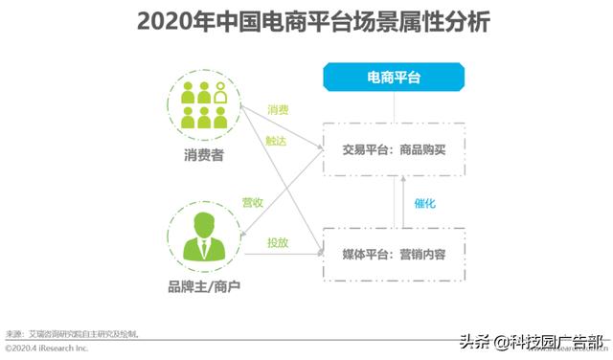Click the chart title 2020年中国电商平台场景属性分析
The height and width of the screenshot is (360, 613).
(x=306, y=20)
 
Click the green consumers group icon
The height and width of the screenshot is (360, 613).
(x=204, y=104)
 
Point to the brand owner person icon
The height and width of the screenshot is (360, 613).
(x=203, y=233)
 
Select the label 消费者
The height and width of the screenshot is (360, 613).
(x=203, y=155)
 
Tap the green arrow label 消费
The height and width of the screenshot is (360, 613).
(x=278, y=111)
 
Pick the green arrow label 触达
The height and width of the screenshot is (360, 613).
(x=278, y=139)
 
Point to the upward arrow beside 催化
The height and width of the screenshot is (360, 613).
(x=403, y=203)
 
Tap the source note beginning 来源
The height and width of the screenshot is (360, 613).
(x=73, y=333)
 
